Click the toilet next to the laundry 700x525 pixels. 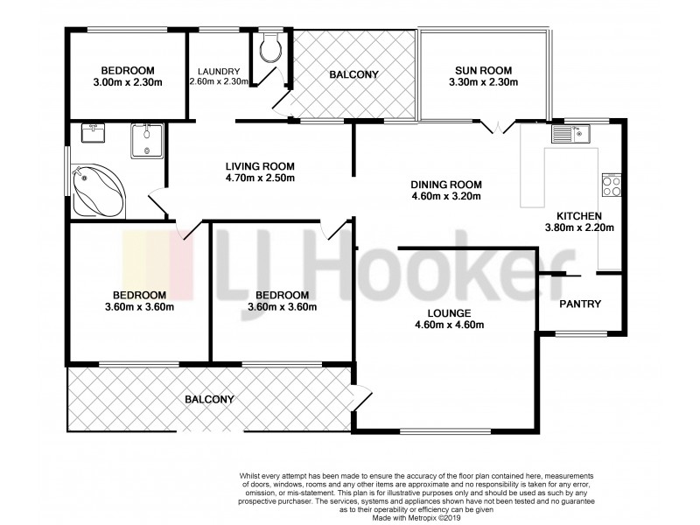pyautogui.click(x=269, y=49)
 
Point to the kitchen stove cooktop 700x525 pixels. pyautogui.click(x=611, y=185)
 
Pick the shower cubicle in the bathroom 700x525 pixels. pyautogui.click(x=146, y=141)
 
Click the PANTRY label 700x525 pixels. pyautogui.click(x=579, y=304)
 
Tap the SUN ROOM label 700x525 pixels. pyautogui.click(x=483, y=71)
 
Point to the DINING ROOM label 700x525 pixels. pyautogui.click(x=446, y=185)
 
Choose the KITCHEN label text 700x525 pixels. pyautogui.click(x=577, y=215)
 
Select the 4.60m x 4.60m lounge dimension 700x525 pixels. pyautogui.click(x=449, y=325)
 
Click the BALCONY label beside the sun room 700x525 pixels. pyautogui.click(x=353, y=74)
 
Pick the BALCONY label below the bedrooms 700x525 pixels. pyautogui.click(x=209, y=399)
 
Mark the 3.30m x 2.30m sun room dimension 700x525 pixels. pyautogui.click(x=483, y=83)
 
